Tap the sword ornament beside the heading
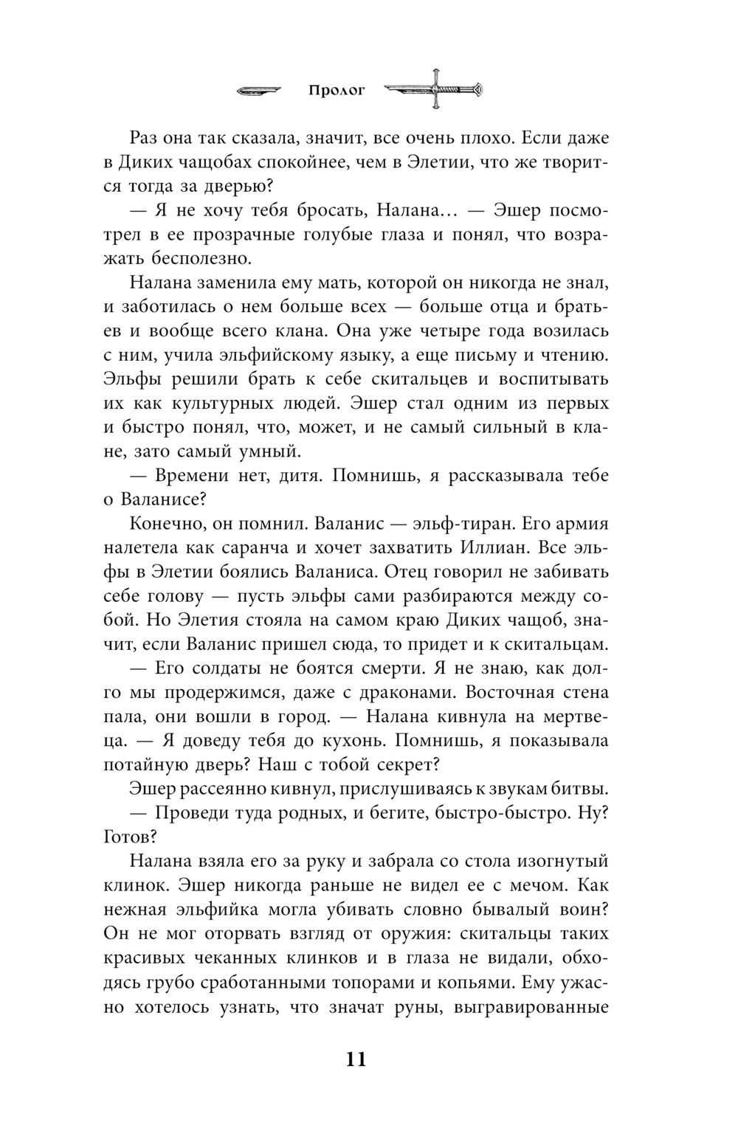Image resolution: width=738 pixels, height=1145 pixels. [436, 89]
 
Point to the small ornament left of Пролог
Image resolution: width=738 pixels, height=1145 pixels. [259, 91]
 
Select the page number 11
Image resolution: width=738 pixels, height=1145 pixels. [355, 1059]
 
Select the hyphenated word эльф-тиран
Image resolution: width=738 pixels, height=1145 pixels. [453, 523]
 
